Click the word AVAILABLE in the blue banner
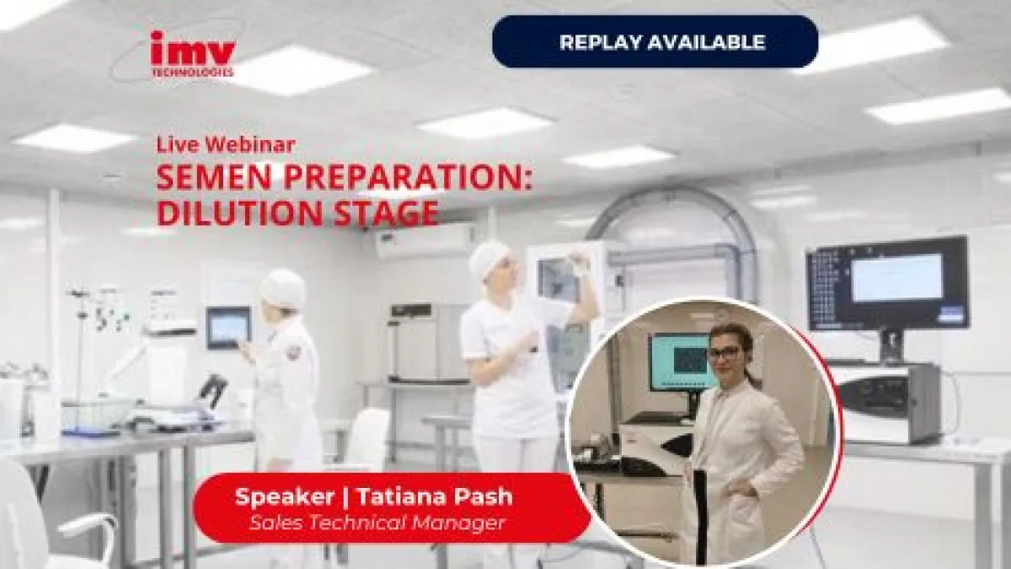click(707, 42)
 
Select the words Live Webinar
click(226, 144)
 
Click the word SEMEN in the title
click(214, 178)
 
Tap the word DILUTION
click(239, 212)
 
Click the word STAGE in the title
click(386, 212)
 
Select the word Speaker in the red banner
click(285, 497)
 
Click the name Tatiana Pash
click(435, 497)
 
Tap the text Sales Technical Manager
click(377, 523)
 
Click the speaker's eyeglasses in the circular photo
click(725, 352)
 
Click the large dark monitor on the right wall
click(887, 282)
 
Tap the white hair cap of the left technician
click(283, 287)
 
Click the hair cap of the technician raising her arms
click(489, 260)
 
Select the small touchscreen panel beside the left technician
click(228, 327)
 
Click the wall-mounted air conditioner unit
click(425, 242)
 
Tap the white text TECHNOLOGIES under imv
click(193, 72)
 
